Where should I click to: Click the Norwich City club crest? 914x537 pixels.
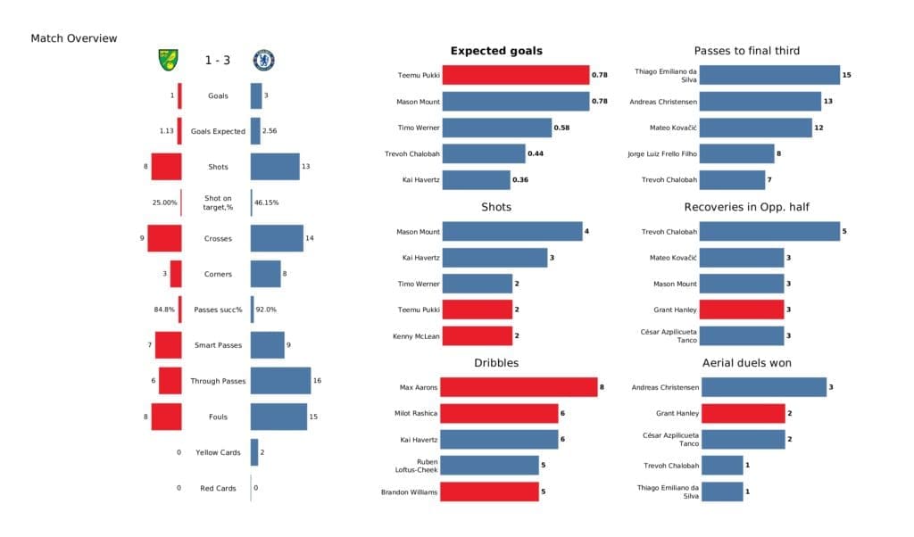[x=167, y=60]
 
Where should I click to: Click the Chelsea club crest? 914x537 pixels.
[x=263, y=60]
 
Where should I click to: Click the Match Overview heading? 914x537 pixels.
[x=73, y=38]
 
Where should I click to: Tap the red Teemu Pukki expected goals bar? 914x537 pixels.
[x=515, y=75]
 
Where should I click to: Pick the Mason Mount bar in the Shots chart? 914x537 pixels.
[x=511, y=232]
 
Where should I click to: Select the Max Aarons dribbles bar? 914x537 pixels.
[x=519, y=387]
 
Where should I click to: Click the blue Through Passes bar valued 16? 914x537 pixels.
[x=280, y=381]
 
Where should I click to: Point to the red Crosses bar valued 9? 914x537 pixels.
[x=164, y=238]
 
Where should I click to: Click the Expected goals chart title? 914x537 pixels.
[x=496, y=51]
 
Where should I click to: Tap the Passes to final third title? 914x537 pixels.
[x=746, y=51]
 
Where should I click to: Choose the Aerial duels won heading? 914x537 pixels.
[x=746, y=363]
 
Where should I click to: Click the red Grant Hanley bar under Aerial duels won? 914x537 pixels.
[x=743, y=413]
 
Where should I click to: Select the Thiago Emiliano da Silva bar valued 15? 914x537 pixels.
[x=770, y=75]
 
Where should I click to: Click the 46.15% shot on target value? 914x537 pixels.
[x=267, y=202]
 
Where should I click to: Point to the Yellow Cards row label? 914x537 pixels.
[x=217, y=452]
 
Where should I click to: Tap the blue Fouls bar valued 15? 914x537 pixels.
[x=278, y=417]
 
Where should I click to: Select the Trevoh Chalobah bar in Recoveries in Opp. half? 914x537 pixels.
[x=770, y=232]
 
